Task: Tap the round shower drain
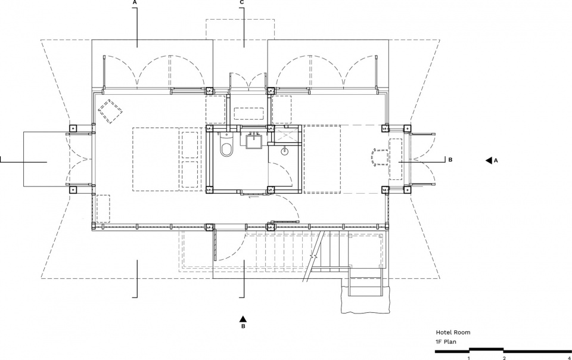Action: pyautogui.click(x=284, y=150)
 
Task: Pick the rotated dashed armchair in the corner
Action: pyautogui.click(x=110, y=111)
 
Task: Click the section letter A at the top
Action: pyautogui.click(x=135, y=2)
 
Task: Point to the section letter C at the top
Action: pyautogui.click(x=242, y=2)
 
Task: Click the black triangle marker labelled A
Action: pyautogui.click(x=489, y=160)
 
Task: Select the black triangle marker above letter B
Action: pyautogui.click(x=243, y=318)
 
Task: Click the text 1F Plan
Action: pyautogui.click(x=446, y=342)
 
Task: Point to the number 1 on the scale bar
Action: pyautogui.click(x=469, y=358)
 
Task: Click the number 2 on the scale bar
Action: pyautogui.click(x=504, y=358)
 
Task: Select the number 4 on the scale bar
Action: pyautogui.click(x=569, y=358)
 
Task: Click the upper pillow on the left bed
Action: pyautogui.click(x=189, y=145)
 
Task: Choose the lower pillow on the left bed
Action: pyautogui.click(x=189, y=175)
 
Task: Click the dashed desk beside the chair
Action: pyautogui.click(x=396, y=159)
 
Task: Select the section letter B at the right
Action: pyautogui.click(x=450, y=160)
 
